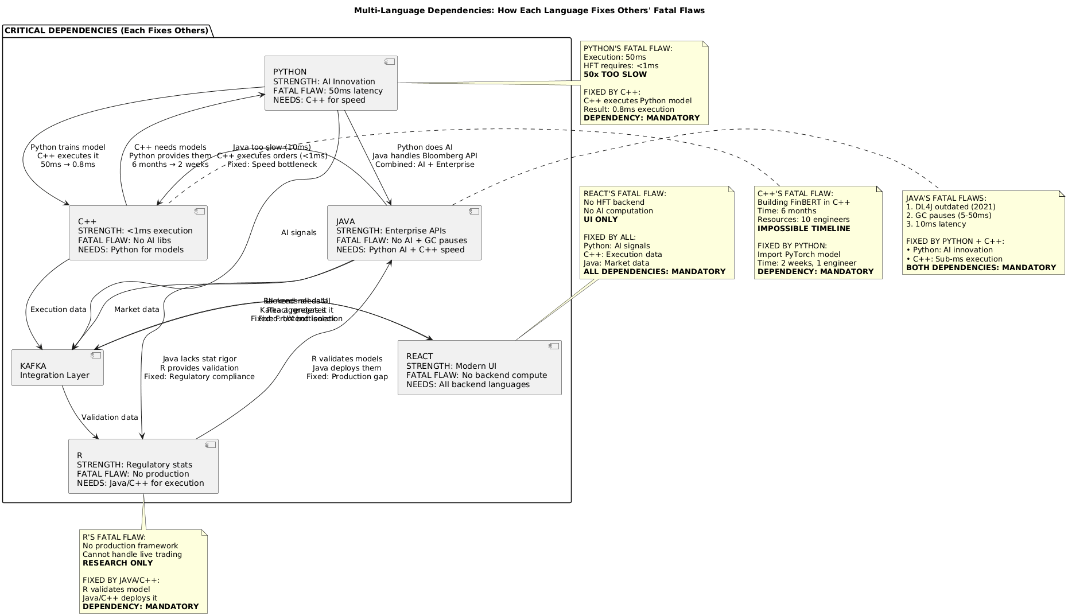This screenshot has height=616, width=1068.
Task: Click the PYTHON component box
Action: [331, 83]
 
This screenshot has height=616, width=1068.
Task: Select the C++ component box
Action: [138, 233]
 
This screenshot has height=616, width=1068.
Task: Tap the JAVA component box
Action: [404, 233]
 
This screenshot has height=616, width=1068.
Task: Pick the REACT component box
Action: [479, 368]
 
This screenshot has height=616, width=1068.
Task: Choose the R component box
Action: [143, 466]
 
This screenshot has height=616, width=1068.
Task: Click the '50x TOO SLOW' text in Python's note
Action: [615, 75]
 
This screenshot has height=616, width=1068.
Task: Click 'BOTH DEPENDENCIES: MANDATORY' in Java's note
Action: [981, 268]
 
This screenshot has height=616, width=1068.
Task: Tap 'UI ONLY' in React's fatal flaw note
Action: [600, 220]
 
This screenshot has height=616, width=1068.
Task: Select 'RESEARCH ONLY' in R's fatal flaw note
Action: [118, 563]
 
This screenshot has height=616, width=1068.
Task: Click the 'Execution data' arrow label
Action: [59, 310]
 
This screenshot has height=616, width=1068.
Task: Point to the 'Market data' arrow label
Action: [137, 310]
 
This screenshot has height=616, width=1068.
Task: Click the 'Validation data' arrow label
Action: [110, 418]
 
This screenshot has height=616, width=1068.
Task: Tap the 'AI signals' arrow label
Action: [298, 233]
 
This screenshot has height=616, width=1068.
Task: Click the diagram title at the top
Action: [529, 10]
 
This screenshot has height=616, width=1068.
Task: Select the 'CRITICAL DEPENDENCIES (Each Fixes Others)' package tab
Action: [106, 30]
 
